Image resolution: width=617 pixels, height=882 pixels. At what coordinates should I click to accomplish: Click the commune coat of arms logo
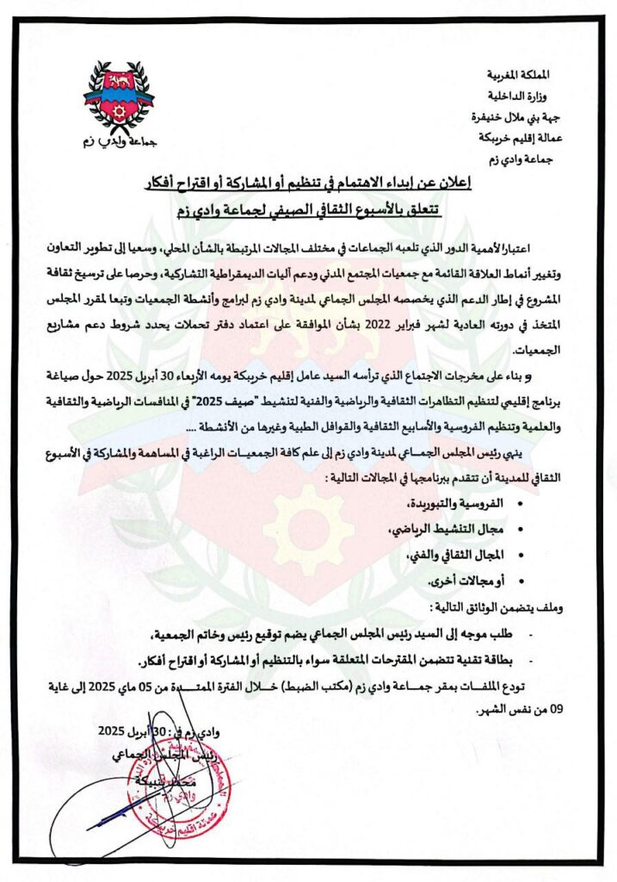tap(120, 99)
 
